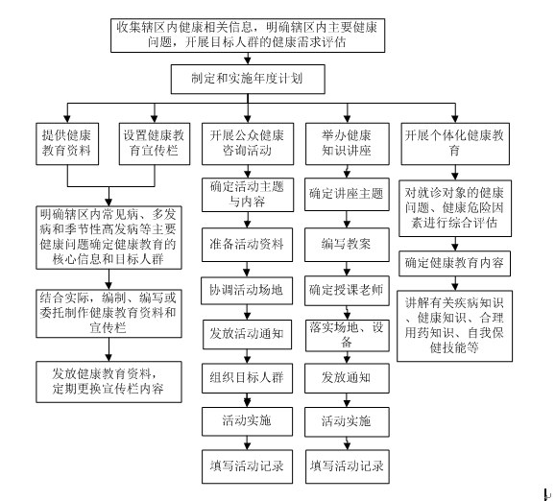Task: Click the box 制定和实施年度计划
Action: [253, 80]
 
